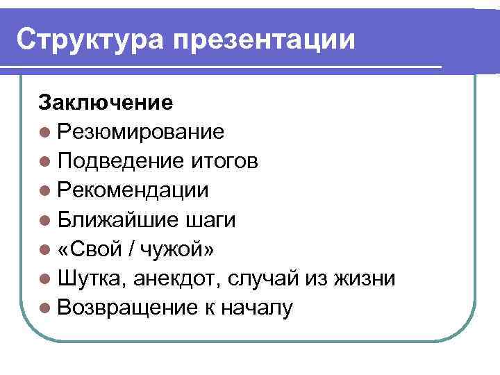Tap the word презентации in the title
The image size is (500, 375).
pos(264,40)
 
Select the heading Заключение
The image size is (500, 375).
pos(106,103)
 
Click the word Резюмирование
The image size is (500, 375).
pos(141,132)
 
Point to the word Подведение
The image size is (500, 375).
pos(120,161)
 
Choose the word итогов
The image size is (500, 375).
pos(223,161)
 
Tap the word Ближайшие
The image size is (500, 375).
pos(119,220)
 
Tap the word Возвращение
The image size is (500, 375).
pos(128,308)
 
